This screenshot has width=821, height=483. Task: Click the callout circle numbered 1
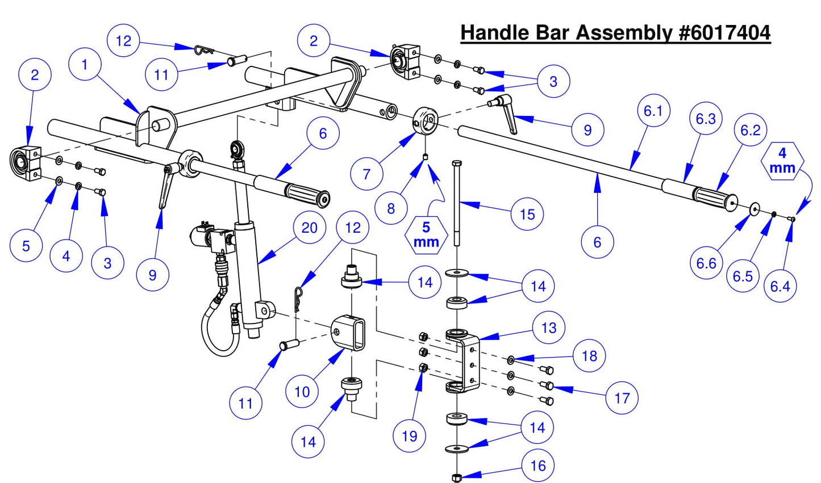coord(85,65)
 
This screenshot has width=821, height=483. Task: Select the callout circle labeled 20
coord(310,228)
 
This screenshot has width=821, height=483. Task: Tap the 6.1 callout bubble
coord(653,111)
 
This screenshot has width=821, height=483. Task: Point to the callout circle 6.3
coord(706,119)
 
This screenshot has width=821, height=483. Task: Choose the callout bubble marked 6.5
coord(743,276)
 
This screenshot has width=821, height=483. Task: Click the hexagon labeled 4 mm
coord(782,161)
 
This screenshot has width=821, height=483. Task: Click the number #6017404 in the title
coord(724,32)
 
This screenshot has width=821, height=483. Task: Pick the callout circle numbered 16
coord(537,466)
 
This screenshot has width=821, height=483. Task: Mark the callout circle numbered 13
coord(549,327)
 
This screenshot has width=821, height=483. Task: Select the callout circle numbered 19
coord(410,436)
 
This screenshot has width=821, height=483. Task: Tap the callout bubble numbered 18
coord(590,356)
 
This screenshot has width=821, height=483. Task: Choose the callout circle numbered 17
coord(622,398)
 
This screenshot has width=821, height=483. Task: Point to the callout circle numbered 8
coord(391,208)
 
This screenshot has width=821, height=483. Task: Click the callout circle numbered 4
coord(66,256)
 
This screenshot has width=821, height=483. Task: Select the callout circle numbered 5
coord(26,246)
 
